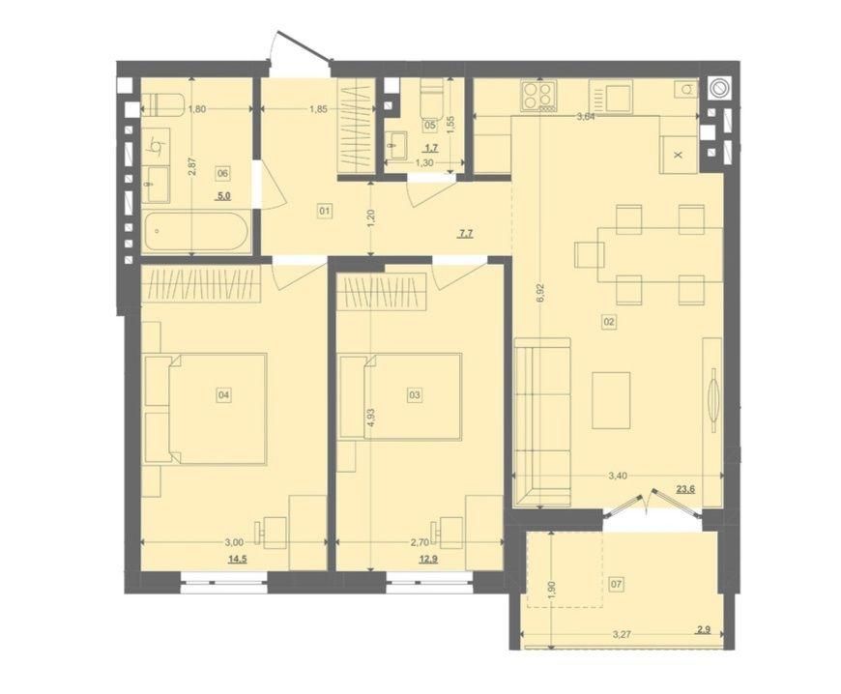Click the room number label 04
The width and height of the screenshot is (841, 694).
[x=223, y=395]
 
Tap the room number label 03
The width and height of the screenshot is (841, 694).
[x=415, y=395]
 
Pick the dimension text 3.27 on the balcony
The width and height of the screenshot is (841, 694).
[x=622, y=634]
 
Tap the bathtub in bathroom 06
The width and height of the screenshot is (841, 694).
[x=196, y=232]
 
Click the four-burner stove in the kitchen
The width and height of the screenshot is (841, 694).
[x=538, y=96]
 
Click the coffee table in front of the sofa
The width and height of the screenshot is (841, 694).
[x=611, y=401]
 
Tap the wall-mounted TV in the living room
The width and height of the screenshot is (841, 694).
[x=713, y=394]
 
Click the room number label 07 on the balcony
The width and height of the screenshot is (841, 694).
[x=617, y=584]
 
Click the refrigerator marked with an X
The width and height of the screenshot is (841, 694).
[x=679, y=155]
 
